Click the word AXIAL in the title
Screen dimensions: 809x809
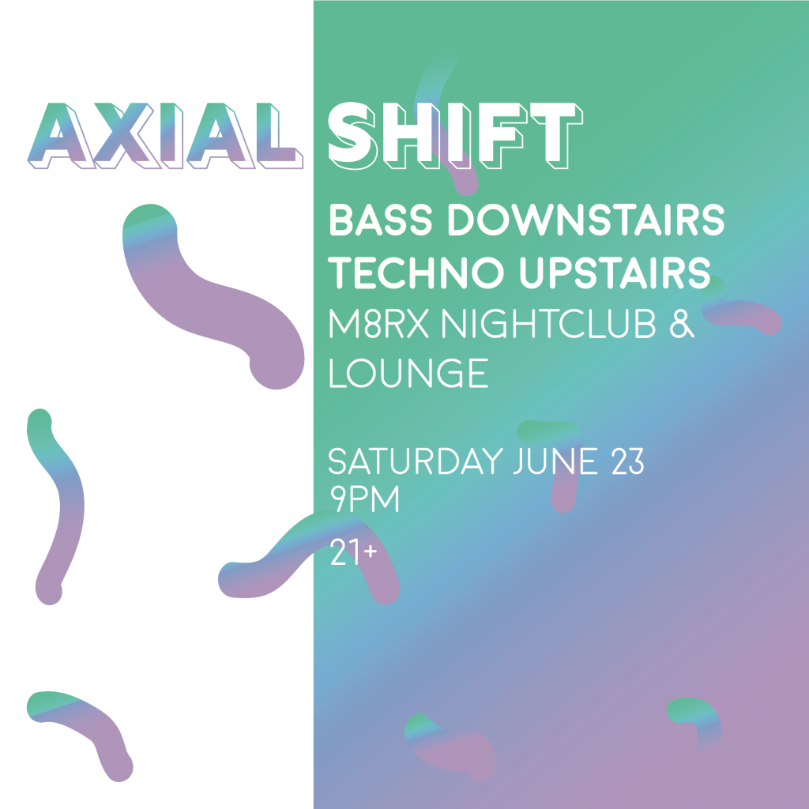click(x=165, y=136)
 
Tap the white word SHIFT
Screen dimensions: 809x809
click(x=455, y=135)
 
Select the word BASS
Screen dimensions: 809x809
click(x=380, y=220)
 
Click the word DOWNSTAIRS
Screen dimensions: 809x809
click(x=586, y=220)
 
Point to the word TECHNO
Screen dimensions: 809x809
click(x=416, y=273)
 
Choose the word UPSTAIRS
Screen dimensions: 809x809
click(x=615, y=273)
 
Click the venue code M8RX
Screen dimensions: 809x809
click(x=379, y=324)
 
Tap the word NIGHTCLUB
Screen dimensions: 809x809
click(x=548, y=324)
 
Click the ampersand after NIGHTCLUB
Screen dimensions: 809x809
click(x=682, y=324)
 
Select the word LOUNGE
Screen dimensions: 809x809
click(x=408, y=373)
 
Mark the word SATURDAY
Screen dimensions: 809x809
click(x=416, y=461)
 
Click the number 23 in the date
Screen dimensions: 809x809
click(x=628, y=461)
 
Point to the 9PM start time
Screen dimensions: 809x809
click(x=365, y=499)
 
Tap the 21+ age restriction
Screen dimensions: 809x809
click(x=353, y=552)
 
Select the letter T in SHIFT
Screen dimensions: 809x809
click(x=557, y=135)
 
